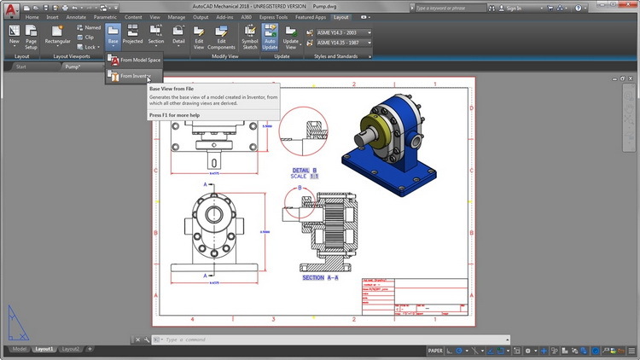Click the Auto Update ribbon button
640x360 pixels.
point(270,38)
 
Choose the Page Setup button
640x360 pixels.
point(31,38)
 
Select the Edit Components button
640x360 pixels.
point(222,38)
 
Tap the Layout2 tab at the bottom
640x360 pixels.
point(72,349)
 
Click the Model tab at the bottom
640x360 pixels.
point(19,349)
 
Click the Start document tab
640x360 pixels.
point(21,66)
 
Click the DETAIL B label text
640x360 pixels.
point(305,170)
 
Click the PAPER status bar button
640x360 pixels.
point(435,350)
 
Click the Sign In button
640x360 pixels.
point(513,8)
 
